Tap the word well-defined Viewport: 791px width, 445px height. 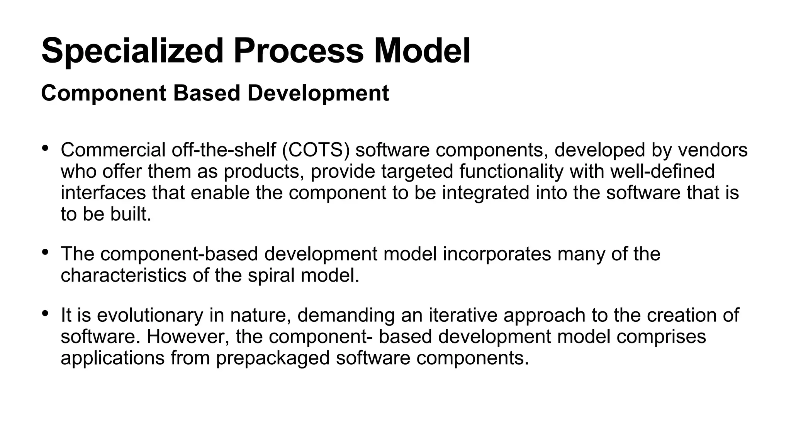tap(662, 172)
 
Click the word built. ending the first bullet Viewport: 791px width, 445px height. tap(131, 214)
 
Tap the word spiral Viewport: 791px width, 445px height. tap(271, 275)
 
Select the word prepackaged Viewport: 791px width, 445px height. tap(273, 358)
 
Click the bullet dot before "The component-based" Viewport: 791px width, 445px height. tap(45, 252)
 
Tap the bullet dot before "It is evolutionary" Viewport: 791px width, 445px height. tap(45, 313)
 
